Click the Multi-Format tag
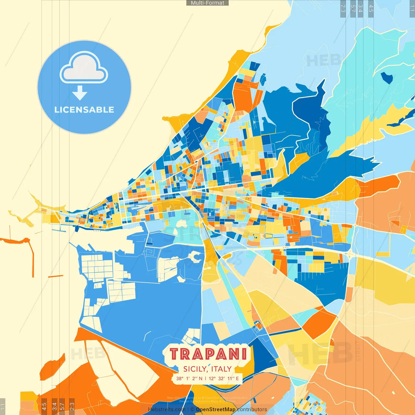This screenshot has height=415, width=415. click(207, 3)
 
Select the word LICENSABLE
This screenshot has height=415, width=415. click(84, 110)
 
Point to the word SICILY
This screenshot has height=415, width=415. click(195, 369)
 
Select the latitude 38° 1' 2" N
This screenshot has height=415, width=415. click(189, 378)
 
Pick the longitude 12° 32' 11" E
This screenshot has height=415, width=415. click(224, 378)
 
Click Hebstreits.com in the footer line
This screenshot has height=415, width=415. click(167, 409)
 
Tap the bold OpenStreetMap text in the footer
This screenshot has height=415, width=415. click(216, 409)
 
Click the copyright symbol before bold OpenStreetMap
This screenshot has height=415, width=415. click(192, 409)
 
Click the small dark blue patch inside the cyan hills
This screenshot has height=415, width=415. click(387, 77)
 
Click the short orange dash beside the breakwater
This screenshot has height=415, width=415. click(55, 276)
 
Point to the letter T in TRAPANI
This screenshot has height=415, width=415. click(175, 354)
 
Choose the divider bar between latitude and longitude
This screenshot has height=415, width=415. click(206, 378)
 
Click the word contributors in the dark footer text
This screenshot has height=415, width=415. click(252, 409)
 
